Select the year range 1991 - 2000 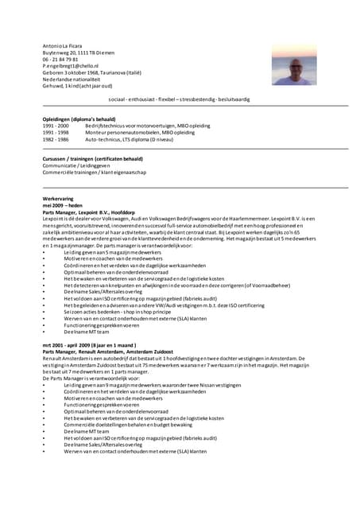click(x=56, y=126)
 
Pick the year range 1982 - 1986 click(x=56, y=138)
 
